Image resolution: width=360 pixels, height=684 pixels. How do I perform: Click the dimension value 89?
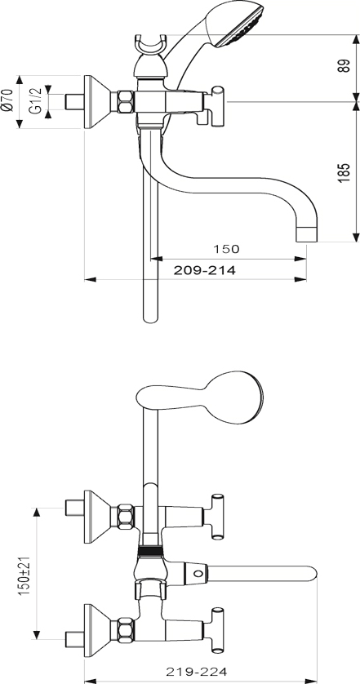[x=344, y=65]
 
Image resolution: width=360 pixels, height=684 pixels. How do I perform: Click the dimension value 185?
[x=344, y=172]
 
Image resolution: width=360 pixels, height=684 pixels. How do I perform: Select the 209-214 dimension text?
[x=205, y=270]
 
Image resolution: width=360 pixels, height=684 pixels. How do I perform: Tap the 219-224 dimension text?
[x=197, y=672]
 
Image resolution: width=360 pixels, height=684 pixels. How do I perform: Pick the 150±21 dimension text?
[x=25, y=574]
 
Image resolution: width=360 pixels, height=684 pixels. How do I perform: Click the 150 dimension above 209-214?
[x=226, y=249]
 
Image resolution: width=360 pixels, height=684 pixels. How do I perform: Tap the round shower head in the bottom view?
[x=236, y=397]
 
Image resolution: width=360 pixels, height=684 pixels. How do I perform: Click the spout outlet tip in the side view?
[x=307, y=233]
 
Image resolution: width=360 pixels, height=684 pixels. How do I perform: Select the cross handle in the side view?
[x=217, y=106]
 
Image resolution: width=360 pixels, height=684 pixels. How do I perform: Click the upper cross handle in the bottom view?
[x=217, y=517]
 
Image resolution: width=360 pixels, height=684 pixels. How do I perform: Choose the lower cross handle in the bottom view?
[x=217, y=630]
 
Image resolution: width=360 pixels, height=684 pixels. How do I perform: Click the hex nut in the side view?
[x=126, y=102]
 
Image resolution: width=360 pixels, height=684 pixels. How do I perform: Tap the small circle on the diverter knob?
[x=198, y=573]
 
